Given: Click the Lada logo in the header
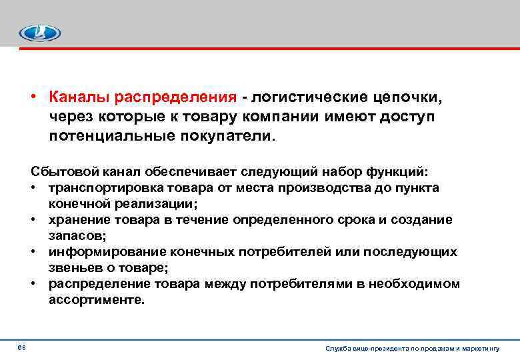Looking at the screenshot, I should [39, 33].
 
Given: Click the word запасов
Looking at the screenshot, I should [73, 235].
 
